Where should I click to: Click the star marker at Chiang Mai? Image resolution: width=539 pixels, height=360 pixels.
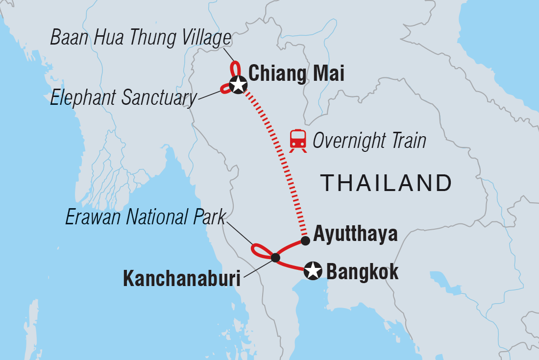click(238, 85)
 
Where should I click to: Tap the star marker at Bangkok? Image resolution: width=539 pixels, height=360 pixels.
click(313, 270)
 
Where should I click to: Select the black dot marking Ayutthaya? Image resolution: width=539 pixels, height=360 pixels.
click(305, 240)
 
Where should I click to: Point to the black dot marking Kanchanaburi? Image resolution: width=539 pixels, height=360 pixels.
click(275, 258)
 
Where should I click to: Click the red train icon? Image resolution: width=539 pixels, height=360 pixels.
click(298, 140)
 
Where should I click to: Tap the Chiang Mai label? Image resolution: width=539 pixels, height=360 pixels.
click(296, 74)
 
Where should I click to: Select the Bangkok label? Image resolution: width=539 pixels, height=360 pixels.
click(362, 271)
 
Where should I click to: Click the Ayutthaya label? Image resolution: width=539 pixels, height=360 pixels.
click(355, 234)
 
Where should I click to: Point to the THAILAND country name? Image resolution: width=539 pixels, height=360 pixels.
click(386, 183)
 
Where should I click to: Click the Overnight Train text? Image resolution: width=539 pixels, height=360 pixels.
click(369, 141)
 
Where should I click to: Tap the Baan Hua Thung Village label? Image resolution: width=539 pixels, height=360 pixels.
click(141, 38)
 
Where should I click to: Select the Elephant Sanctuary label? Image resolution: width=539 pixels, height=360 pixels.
click(123, 98)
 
